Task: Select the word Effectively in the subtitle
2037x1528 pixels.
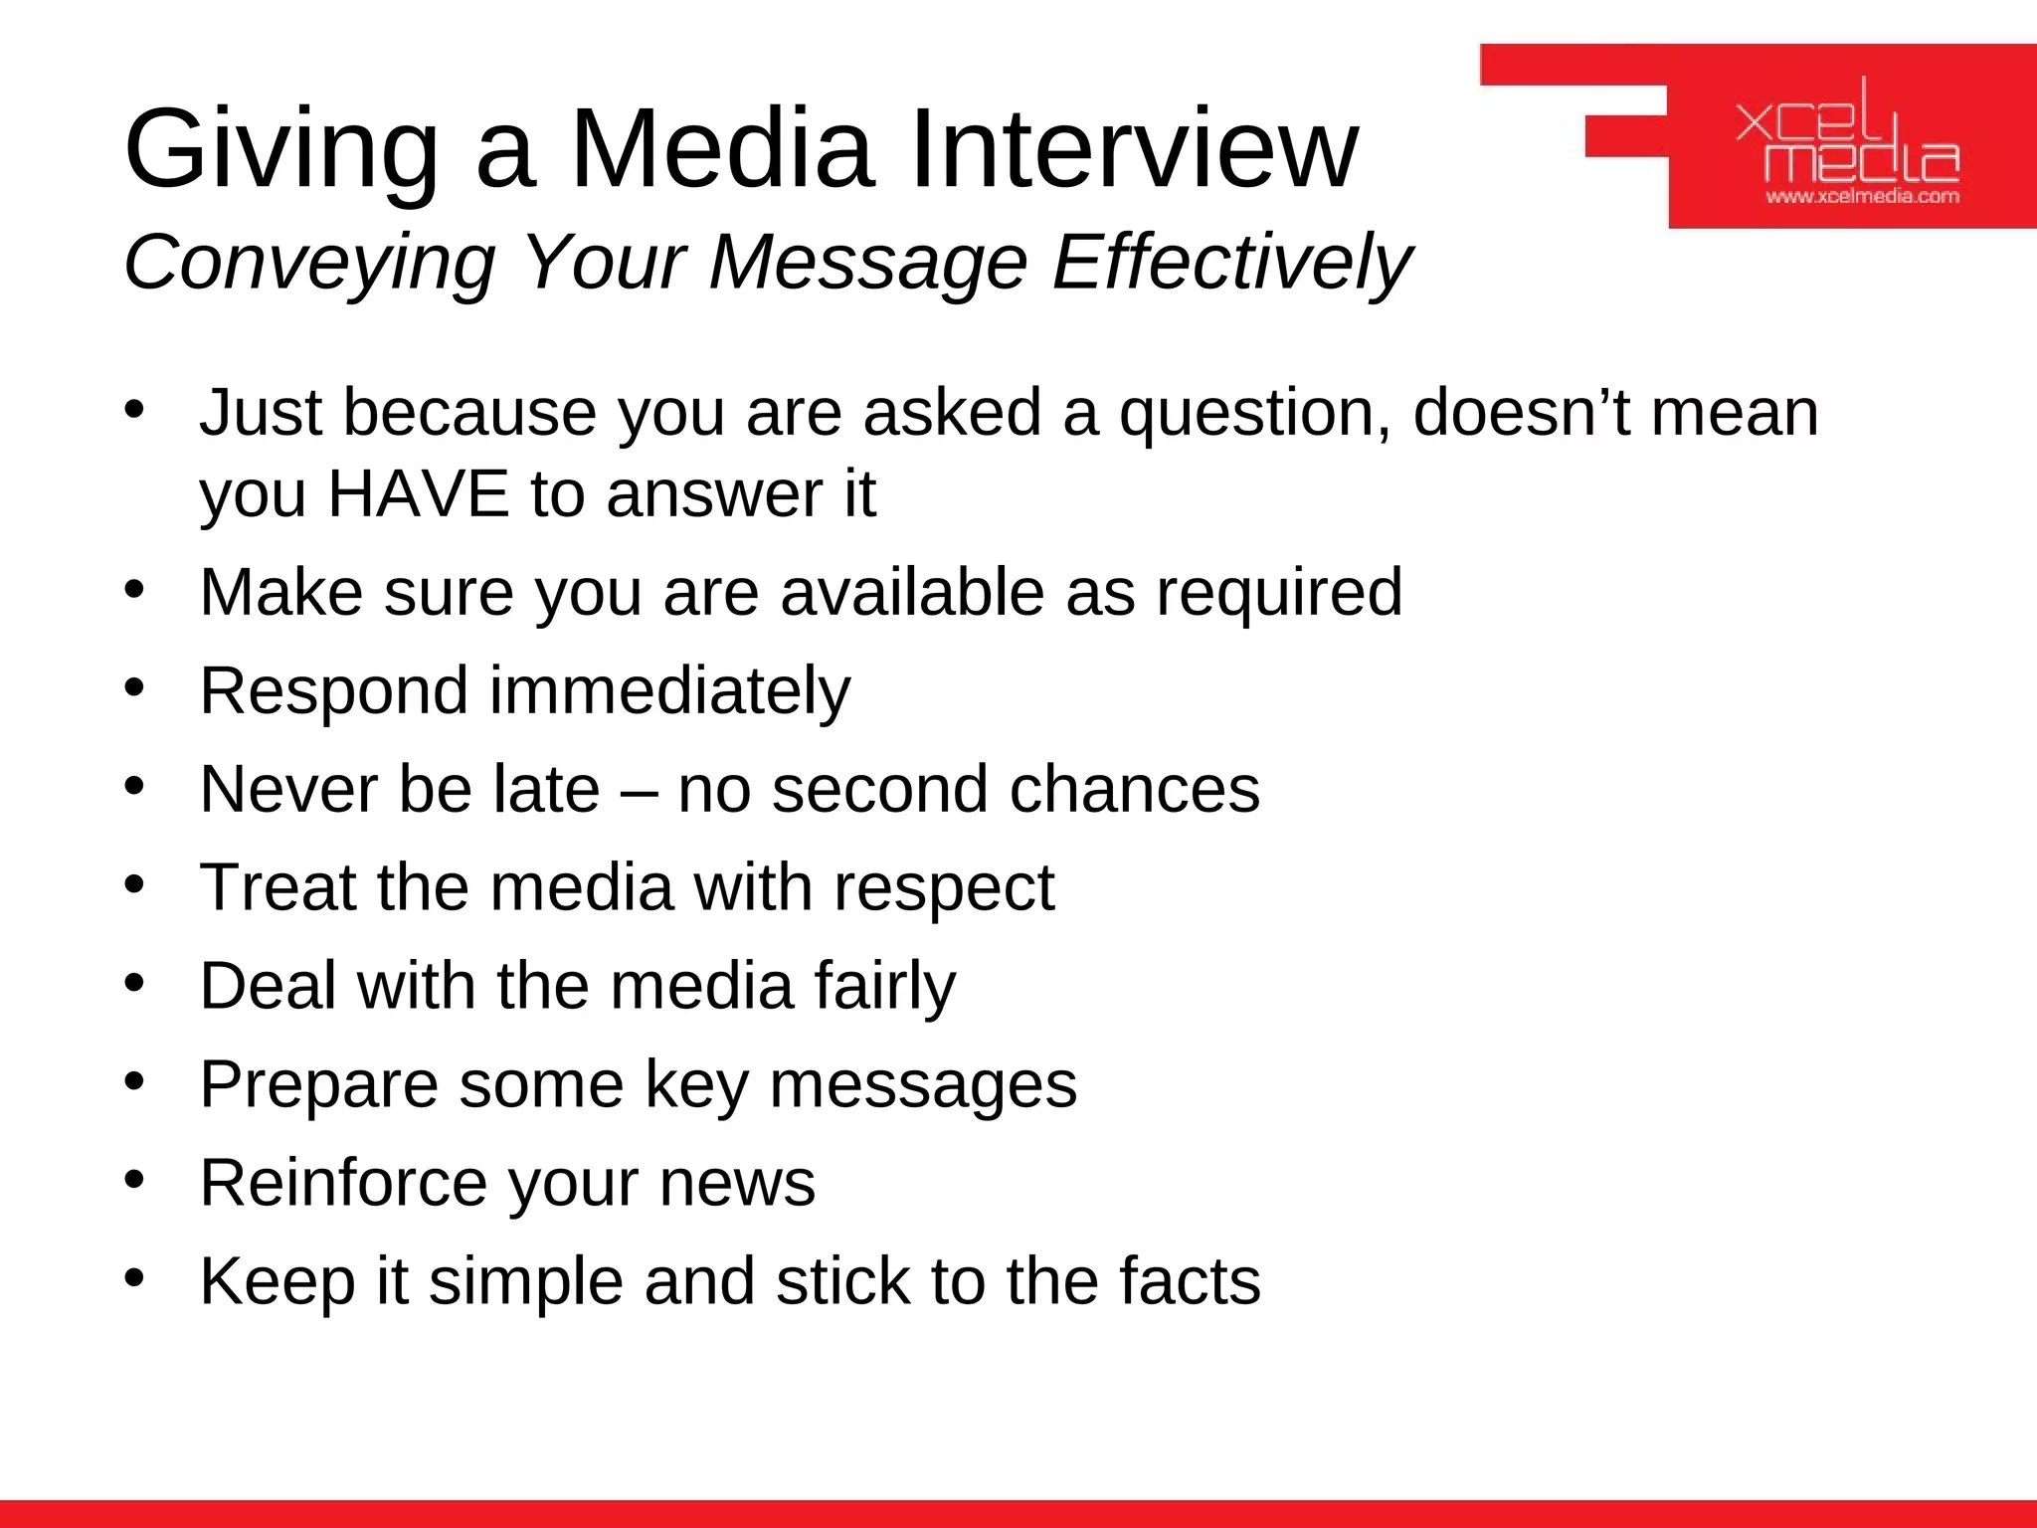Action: (x=1231, y=262)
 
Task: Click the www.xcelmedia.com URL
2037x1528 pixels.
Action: (x=1862, y=196)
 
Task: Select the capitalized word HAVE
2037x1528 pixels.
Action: (x=418, y=493)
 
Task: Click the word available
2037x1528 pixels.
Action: (x=912, y=592)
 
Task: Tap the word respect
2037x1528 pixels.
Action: (x=944, y=888)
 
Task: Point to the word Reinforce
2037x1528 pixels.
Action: (x=343, y=1183)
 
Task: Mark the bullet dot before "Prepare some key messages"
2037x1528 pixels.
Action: (x=135, y=1080)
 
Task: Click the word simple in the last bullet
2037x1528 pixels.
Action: (x=525, y=1282)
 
